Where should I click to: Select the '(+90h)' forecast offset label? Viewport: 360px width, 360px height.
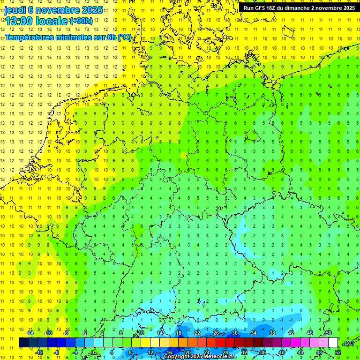tap(81, 21)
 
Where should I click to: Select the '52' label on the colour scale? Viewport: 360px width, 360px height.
tap(337, 352)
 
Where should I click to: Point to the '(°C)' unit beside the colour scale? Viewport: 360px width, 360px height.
tap(348, 343)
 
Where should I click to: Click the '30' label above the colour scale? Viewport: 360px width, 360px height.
tap(234, 333)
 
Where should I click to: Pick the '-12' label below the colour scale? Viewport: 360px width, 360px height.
tap(39, 352)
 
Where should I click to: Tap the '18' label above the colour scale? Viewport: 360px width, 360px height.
tap(178, 333)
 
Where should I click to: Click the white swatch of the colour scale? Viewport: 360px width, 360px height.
tap(333, 343)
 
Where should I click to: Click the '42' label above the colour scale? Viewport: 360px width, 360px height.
tap(291, 333)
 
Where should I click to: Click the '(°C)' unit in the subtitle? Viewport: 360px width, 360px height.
tap(125, 37)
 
